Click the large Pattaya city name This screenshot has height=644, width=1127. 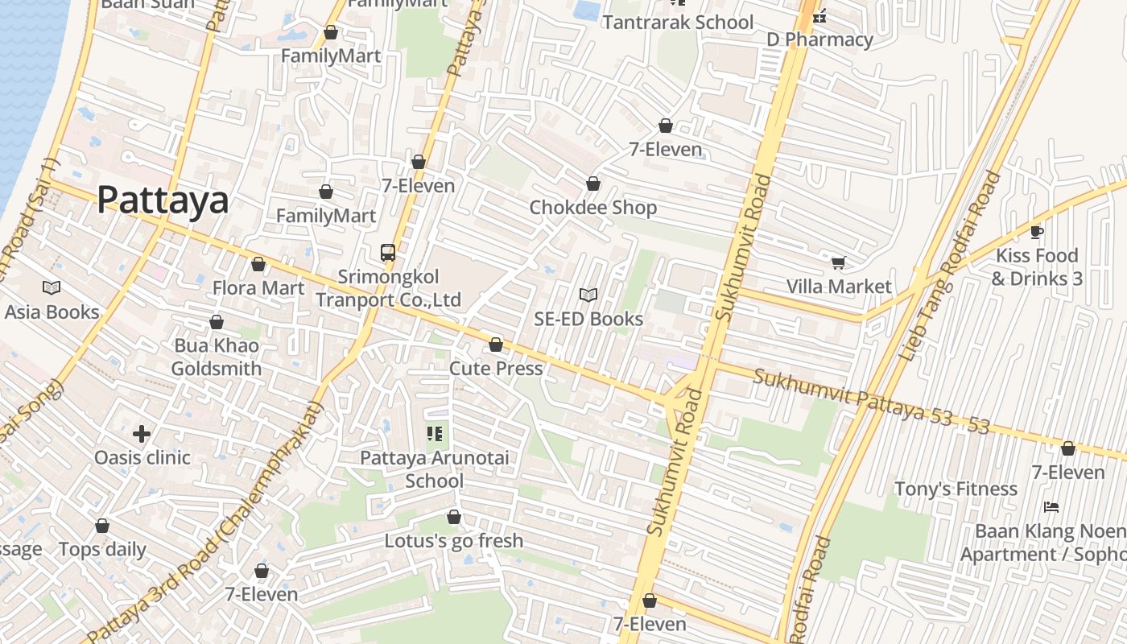pyautogui.click(x=163, y=200)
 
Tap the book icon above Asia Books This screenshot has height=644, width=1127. pyautogui.click(x=52, y=287)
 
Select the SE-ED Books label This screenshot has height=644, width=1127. pyautogui.click(x=588, y=319)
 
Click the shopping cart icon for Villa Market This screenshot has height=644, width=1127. pyautogui.click(x=838, y=262)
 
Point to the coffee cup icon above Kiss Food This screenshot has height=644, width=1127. pyautogui.click(x=1037, y=232)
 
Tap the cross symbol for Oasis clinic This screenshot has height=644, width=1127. pyautogui.click(x=142, y=434)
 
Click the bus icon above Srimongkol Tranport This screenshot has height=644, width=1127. pyautogui.click(x=388, y=252)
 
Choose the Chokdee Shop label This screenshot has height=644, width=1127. pyautogui.click(x=592, y=208)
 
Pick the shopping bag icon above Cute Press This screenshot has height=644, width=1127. pyautogui.click(x=496, y=345)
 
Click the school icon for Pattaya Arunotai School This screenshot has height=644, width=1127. pyautogui.click(x=435, y=435)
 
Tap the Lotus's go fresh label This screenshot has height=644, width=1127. pyautogui.click(x=453, y=541)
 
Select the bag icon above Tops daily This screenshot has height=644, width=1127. pyautogui.click(x=102, y=526)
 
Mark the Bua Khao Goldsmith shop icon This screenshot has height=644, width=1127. pyautogui.click(x=217, y=322)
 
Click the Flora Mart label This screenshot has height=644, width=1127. pyautogui.click(x=258, y=288)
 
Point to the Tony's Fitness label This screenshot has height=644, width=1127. pyautogui.click(x=956, y=489)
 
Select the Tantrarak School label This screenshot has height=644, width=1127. pyautogui.click(x=678, y=23)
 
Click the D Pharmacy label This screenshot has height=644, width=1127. pyautogui.click(x=819, y=39)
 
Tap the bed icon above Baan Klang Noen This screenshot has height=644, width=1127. pyautogui.click(x=1051, y=507)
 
